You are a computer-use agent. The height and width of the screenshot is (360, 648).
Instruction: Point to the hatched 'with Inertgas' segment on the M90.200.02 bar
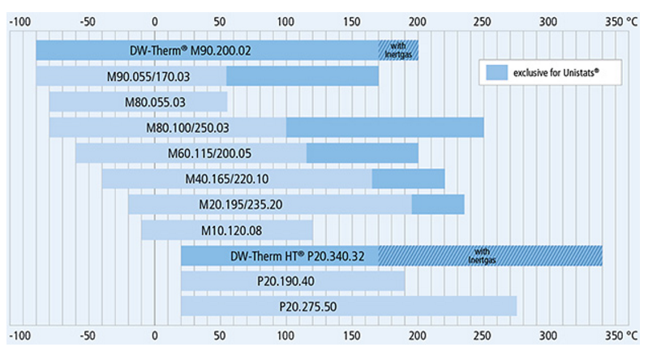coord(398,50)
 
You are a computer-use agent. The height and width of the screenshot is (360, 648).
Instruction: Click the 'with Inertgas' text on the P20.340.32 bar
coord(483,256)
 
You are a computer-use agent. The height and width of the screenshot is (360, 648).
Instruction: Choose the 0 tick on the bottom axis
coord(155,335)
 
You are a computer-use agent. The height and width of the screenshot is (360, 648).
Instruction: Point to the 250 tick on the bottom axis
coord(483,335)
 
